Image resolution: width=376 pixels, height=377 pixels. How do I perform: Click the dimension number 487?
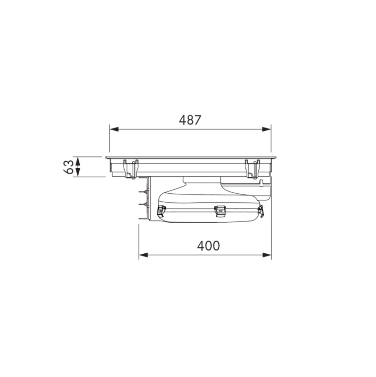pyautogui.click(x=190, y=120)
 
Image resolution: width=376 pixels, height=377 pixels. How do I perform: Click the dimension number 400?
pyautogui.click(x=208, y=246)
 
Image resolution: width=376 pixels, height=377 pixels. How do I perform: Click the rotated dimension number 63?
pyautogui.click(x=69, y=167)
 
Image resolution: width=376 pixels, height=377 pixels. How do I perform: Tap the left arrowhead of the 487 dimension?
pyautogui.click(x=114, y=129)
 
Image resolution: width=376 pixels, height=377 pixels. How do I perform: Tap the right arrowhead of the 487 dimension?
pyautogui.click(x=266, y=129)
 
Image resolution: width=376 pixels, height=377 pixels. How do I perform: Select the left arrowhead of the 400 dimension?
pyautogui.click(x=143, y=255)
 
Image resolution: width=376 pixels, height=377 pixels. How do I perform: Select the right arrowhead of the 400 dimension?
pyautogui.click(x=267, y=255)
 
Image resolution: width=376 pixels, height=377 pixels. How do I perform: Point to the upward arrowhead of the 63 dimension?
pyautogui.click(x=78, y=161)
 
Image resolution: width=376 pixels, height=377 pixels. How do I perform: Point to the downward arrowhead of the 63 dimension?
pyautogui.click(x=78, y=172)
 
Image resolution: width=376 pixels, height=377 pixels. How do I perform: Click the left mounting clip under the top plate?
pyautogui.click(x=131, y=169)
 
